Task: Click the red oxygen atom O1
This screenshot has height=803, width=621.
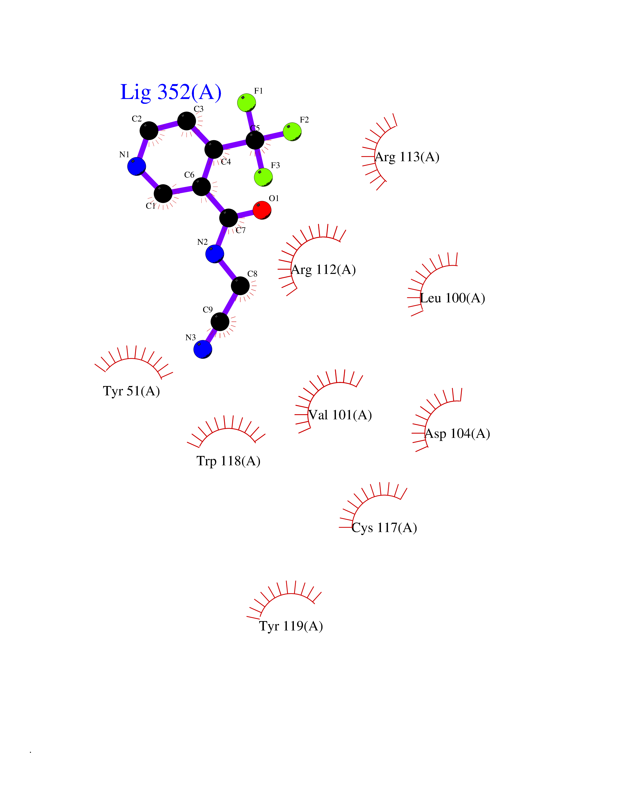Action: [x=262, y=210]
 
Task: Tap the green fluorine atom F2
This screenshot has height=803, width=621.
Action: [x=293, y=132]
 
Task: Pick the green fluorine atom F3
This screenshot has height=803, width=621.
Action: [x=263, y=177]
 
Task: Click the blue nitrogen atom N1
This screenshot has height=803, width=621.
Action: [x=137, y=166]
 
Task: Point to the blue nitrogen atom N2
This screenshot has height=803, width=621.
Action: [x=215, y=254]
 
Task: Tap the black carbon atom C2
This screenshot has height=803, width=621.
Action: [x=149, y=130]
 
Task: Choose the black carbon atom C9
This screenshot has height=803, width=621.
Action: [x=220, y=322]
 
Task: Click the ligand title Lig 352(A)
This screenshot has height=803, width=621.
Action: [x=171, y=92]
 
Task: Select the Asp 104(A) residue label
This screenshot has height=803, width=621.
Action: [x=458, y=434]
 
